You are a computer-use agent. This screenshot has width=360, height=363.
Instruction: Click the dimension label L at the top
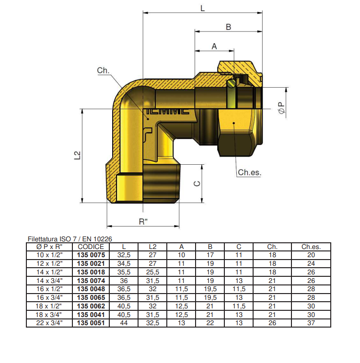pos(202,8)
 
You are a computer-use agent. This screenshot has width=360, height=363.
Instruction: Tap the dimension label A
pos(214,46)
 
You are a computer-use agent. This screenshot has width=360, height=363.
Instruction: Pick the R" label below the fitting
pos(143,221)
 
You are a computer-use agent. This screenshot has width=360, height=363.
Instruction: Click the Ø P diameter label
pos(281,108)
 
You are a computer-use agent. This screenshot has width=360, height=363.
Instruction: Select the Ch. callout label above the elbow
pos(103,70)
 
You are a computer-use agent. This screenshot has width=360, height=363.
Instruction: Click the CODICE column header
pos(91,247)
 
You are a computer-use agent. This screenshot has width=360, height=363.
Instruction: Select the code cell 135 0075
pos(91,255)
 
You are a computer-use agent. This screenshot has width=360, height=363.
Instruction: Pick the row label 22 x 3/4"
pos(49,323)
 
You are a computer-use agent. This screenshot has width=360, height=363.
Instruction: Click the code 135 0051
pos(91,323)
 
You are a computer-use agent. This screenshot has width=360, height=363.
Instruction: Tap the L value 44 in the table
pos(124,323)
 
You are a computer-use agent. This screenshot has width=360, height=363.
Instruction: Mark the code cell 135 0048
pos(91,289)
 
